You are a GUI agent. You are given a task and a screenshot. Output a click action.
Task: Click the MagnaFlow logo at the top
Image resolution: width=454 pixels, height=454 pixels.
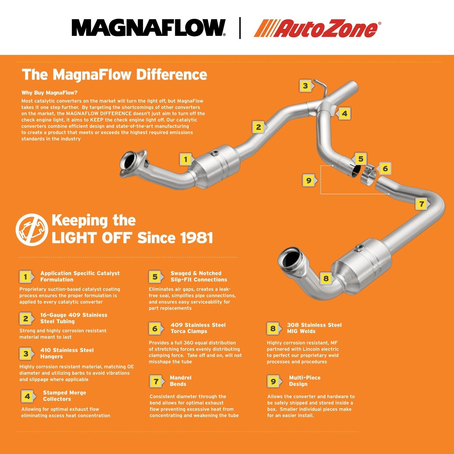tap(148, 28)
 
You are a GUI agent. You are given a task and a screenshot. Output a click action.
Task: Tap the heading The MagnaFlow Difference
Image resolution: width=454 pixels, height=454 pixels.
tap(114, 75)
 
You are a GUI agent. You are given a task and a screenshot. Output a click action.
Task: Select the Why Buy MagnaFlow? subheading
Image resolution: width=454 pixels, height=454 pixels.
tap(49, 93)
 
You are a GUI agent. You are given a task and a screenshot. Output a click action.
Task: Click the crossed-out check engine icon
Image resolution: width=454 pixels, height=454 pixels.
tap(32, 229)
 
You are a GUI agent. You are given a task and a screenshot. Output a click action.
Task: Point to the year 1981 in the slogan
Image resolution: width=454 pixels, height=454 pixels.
tap(196, 238)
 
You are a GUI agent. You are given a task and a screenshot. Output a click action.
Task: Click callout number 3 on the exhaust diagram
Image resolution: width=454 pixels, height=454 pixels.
tap(305, 86)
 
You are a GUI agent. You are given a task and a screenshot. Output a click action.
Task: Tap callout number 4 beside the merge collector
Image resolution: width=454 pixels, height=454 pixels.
tap(344, 114)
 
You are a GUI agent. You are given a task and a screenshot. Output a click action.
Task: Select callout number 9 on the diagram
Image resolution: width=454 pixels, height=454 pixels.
tap(308, 181)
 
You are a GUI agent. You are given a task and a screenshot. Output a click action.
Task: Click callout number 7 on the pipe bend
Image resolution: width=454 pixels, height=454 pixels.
tap(421, 204)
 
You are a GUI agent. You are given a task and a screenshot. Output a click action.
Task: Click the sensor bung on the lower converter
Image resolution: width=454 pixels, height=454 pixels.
tap(359, 248)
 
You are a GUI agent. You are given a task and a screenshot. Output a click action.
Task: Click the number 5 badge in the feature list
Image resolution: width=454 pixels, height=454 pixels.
tap(155, 277)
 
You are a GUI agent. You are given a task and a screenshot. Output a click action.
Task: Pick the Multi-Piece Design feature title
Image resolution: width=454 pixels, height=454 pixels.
tap(304, 381)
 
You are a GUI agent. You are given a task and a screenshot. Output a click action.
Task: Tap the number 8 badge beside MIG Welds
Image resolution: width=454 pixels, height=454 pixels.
tap(273, 328)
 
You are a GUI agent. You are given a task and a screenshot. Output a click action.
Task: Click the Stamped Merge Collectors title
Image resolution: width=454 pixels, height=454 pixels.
tap(64, 396)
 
